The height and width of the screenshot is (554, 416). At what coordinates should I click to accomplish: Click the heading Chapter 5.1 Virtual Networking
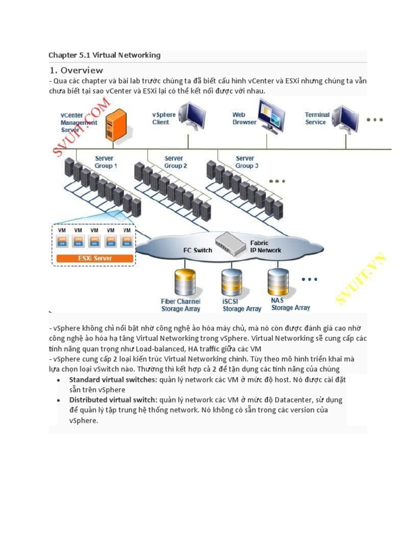pos(105,55)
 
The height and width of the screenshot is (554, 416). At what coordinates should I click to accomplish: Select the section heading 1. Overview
pos(76,70)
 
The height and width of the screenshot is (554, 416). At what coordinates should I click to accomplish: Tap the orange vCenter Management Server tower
pos(116,125)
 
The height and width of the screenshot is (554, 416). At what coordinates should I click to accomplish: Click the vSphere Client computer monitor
pos(191,118)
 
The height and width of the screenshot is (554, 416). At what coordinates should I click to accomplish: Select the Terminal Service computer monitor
pos(344,119)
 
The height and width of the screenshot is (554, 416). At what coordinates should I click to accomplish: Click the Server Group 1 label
pos(106,162)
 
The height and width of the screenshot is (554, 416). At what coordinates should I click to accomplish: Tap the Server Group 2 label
pos(175,162)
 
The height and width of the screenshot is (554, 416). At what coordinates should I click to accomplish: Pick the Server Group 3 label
pos(247,162)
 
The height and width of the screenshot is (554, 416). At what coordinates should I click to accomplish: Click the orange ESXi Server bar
pos(94,258)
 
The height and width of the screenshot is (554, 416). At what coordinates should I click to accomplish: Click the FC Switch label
pos(198,250)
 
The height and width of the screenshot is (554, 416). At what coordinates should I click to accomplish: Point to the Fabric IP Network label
pos(265,247)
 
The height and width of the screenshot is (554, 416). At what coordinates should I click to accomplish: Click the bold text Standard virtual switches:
pos(113,380)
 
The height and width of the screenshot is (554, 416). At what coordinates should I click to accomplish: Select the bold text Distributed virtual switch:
pos(113,400)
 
